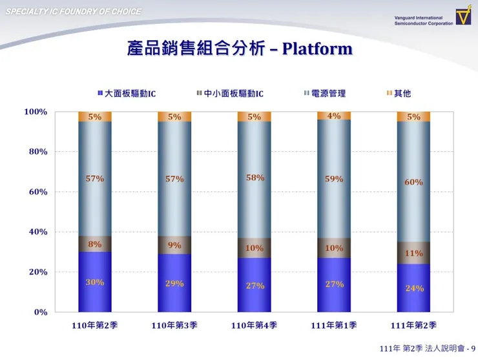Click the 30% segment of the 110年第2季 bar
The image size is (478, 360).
pos(95,282)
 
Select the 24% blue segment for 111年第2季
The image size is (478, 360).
pos(413,288)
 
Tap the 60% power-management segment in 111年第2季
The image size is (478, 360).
pos(413,182)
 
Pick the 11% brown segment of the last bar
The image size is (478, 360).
pos(413,253)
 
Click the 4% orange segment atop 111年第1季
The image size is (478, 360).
pos(334,116)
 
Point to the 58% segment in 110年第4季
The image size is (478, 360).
pos(255,178)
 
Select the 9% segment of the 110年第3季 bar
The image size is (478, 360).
pos(174,245)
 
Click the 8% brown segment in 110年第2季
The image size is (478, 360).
pos(95,244)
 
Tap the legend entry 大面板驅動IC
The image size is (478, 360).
pos(126,94)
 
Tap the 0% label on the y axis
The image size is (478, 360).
pos(41,312)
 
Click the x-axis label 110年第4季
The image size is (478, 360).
pos(255,326)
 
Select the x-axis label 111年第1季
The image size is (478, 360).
pos(334,326)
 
